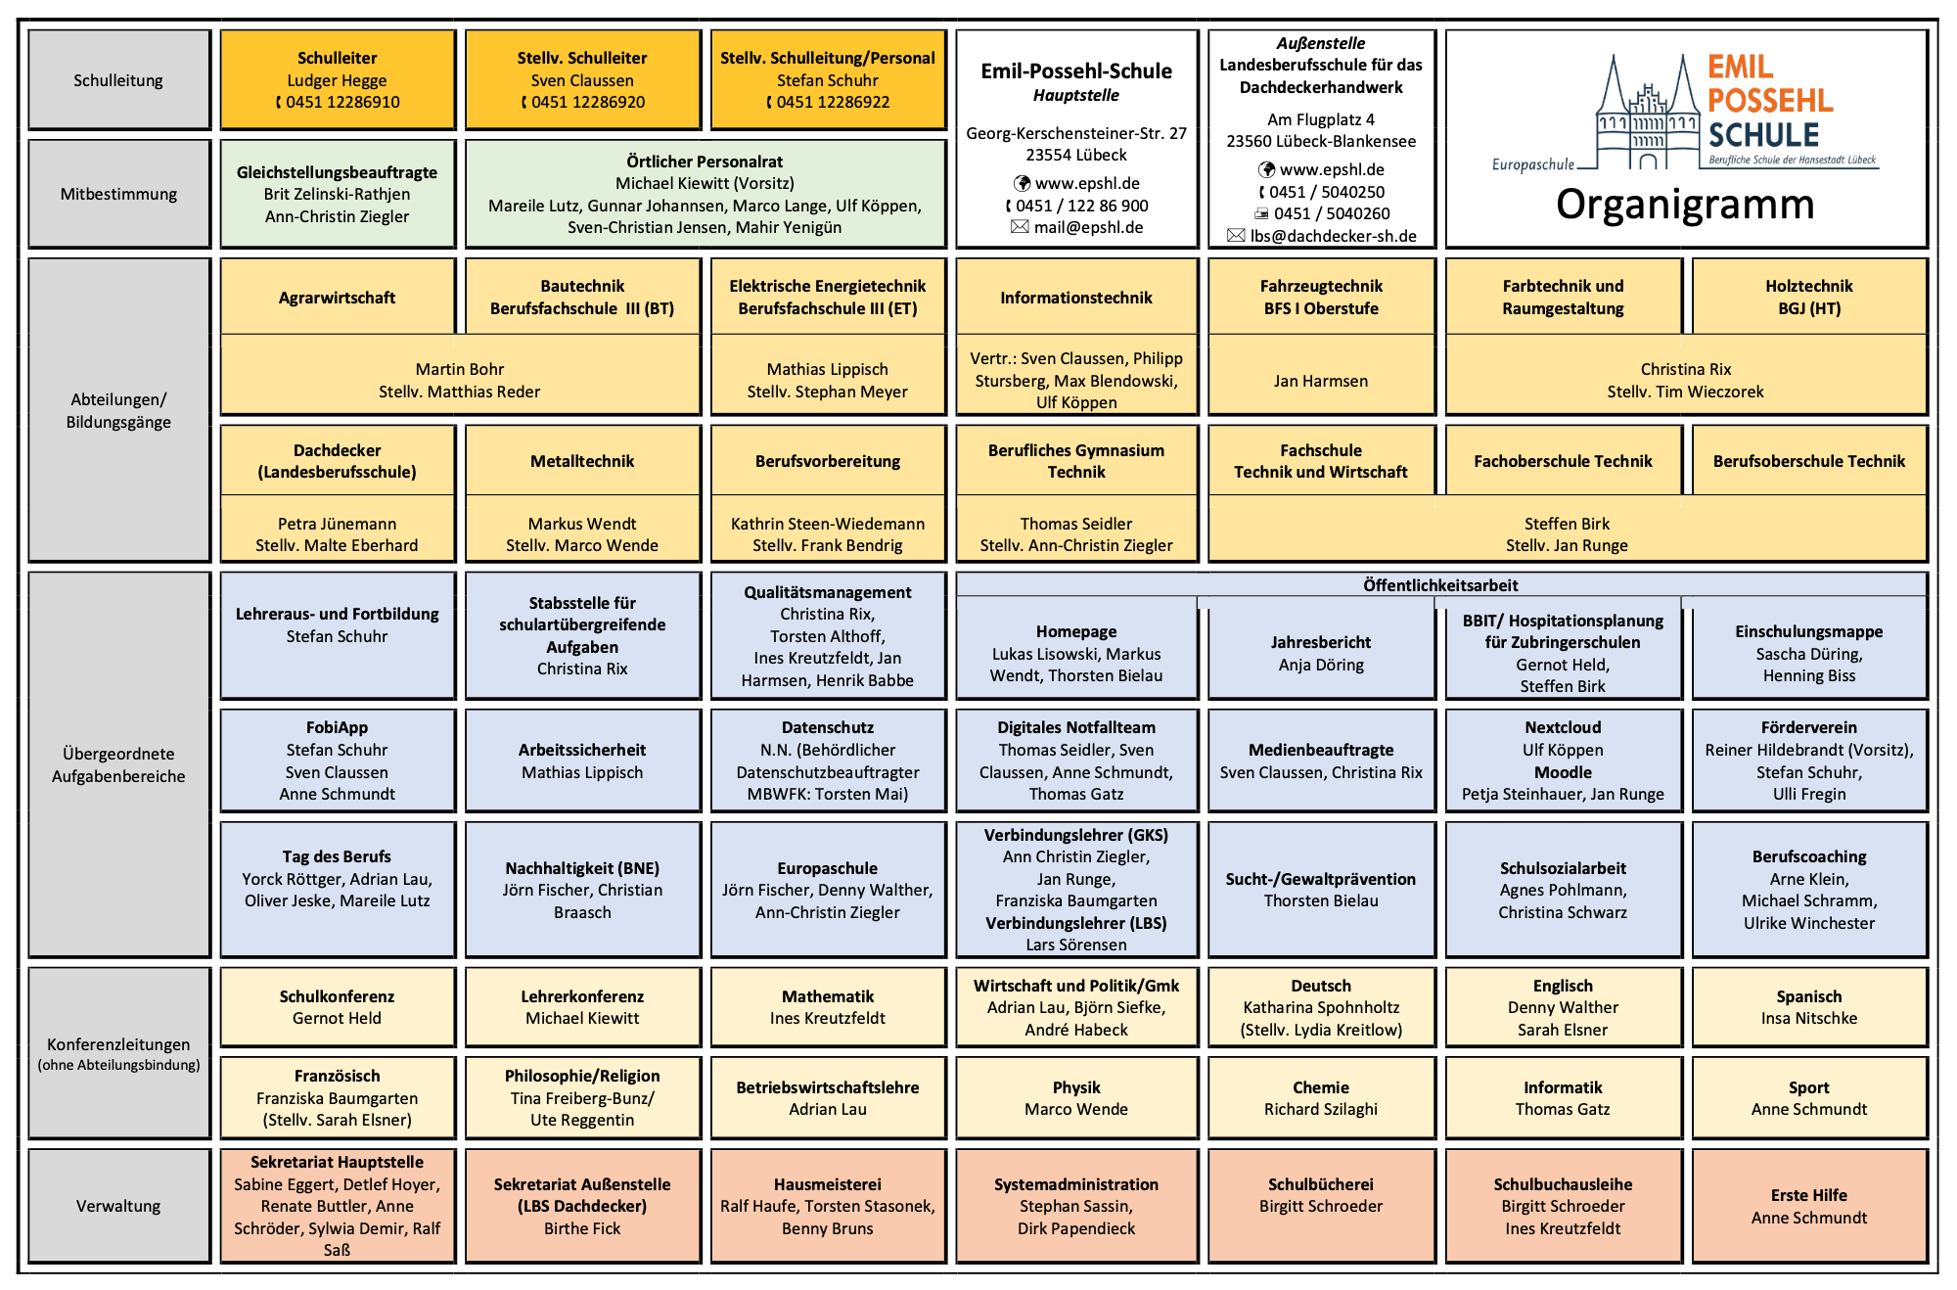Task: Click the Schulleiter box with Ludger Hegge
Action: (338, 79)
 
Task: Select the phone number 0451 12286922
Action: (833, 102)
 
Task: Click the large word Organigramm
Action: (1685, 205)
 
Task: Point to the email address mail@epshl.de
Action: (1088, 227)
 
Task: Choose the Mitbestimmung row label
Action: (118, 194)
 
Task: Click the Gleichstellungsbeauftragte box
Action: (338, 194)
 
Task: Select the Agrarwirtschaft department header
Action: (338, 298)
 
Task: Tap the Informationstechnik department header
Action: (1076, 298)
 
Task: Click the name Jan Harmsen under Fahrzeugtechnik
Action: (1321, 381)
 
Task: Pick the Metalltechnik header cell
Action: (582, 461)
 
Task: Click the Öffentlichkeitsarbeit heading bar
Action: (1440, 585)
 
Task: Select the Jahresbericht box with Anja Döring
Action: (1321, 653)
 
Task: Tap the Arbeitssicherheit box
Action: (582, 760)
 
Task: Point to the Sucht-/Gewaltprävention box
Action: (1321, 890)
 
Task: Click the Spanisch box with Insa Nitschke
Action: (1808, 1007)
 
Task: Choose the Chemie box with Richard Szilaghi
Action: (1321, 1098)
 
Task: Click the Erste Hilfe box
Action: (1808, 1206)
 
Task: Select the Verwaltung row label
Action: (118, 1206)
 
